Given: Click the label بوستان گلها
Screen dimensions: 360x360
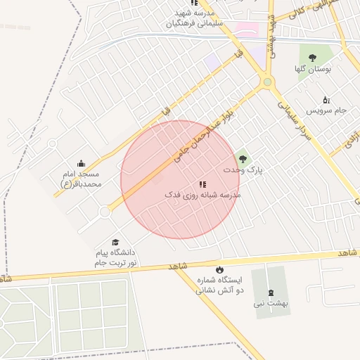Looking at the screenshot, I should [x=312, y=70].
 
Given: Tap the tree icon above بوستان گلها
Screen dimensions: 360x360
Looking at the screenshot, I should [x=312, y=58].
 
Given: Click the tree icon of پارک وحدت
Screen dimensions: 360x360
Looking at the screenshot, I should [x=243, y=159].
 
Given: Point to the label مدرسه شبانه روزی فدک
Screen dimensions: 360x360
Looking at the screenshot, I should [x=202, y=195].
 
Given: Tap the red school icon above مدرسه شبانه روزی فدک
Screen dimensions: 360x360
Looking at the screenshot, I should [x=202, y=184].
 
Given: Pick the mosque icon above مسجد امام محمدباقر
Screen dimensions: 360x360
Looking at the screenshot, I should [x=81, y=164].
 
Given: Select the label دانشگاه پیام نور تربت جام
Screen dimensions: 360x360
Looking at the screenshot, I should [x=115, y=257].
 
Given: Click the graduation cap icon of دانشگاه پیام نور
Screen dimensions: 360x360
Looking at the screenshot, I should [x=115, y=243].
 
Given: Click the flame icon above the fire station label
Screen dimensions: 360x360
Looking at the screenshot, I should [x=219, y=269].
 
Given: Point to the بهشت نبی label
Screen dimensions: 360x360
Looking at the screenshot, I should [x=271, y=304].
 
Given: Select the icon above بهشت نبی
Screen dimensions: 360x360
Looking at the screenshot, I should [x=271, y=292].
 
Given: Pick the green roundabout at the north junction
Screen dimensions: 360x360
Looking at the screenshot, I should [x=267, y=82].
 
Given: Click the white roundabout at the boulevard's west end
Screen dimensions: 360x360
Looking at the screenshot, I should [x=105, y=212].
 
